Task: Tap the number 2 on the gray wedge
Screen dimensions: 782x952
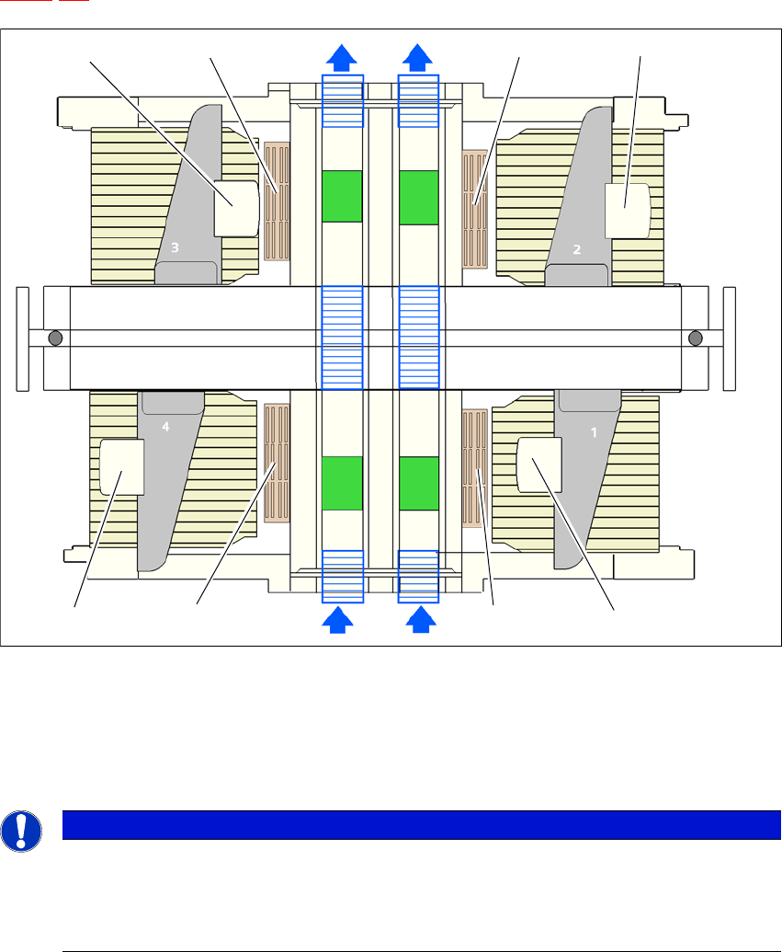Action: pyautogui.click(x=577, y=248)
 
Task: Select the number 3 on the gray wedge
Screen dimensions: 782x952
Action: pyautogui.click(x=174, y=247)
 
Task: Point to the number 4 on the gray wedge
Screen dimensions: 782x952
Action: pyautogui.click(x=166, y=427)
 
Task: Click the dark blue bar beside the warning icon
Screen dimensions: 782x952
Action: pyautogui.click(x=414, y=825)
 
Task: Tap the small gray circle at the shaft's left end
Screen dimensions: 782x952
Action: pyautogui.click(x=55, y=338)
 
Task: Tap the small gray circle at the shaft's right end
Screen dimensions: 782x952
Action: pyautogui.click(x=696, y=338)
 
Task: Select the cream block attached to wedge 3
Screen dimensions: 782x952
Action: pyautogui.click(x=236, y=208)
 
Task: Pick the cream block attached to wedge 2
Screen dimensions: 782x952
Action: pyautogui.click(x=628, y=210)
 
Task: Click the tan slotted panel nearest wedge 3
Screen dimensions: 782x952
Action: pyautogui.click(x=277, y=201)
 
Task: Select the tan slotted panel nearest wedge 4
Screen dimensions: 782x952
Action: pyautogui.click(x=277, y=459)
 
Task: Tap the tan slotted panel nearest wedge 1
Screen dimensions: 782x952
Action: pyautogui.click(x=474, y=468)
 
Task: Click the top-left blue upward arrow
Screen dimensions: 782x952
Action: pyautogui.click(x=342, y=57)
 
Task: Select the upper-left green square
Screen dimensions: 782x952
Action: pyautogui.click(x=343, y=196)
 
